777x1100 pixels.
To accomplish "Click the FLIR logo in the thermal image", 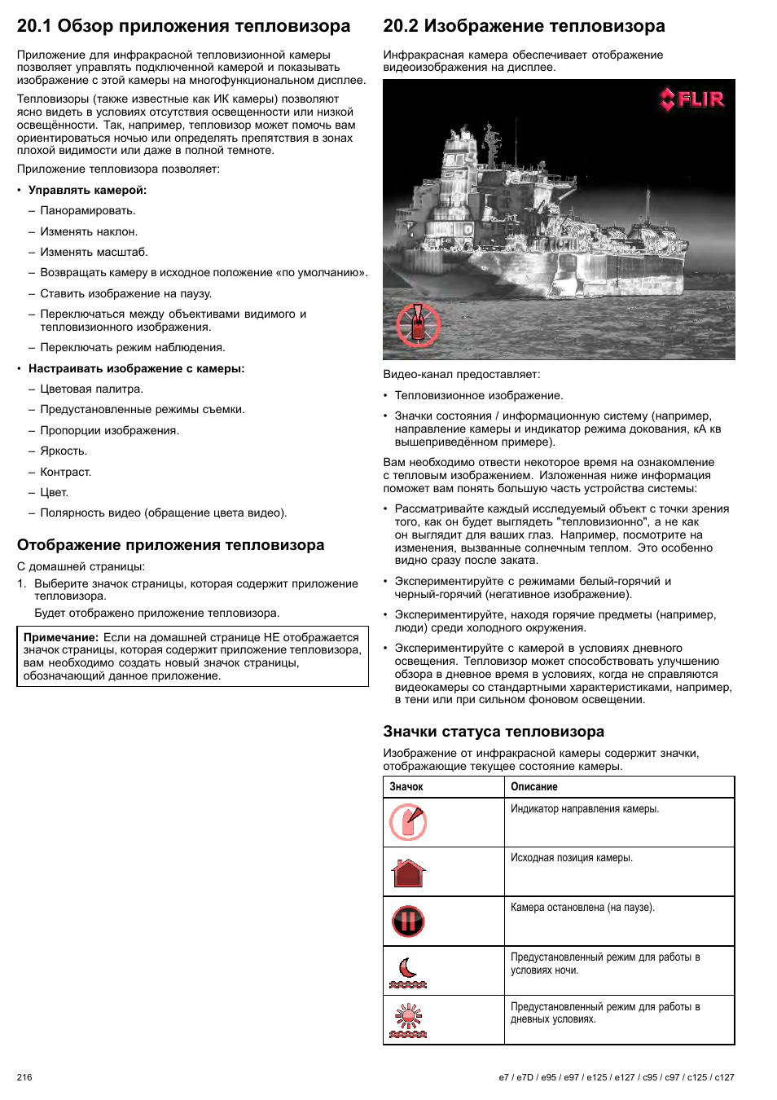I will pyautogui.click(x=691, y=99).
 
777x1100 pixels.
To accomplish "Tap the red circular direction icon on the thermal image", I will pyautogui.click(x=418, y=324).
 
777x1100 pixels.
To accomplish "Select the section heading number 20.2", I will pyautogui.click(x=401, y=26).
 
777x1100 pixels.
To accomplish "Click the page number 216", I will pyautogui.click(x=24, y=1077).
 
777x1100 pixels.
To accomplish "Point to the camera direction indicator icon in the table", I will pyautogui.click(x=408, y=822).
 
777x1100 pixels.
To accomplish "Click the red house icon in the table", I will pyautogui.click(x=409, y=873).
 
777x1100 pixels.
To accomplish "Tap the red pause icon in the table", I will pyautogui.click(x=408, y=922).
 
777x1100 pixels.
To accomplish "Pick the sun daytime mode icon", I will pyautogui.click(x=408, y=1021).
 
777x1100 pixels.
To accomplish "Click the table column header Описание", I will pyautogui.click(x=534, y=787).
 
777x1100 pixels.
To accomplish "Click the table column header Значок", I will pyautogui.click(x=406, y=787).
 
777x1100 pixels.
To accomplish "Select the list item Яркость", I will pyautogui.click(x=64, y=451).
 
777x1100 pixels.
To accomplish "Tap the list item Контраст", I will pyautogui.click(x=66, y=472).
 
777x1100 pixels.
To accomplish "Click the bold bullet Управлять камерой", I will pyautogui.click(x=87, y=190).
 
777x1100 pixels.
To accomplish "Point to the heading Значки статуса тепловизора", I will pyautogui.click(x=494, y=732).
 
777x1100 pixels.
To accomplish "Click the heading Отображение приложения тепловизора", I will pyautogui.click(x=170, y=545).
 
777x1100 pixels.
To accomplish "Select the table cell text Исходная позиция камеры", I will pyautogui.click(x=572, y=858).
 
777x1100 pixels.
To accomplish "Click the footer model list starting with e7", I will pyautogui.click(x=617, y=1077).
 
